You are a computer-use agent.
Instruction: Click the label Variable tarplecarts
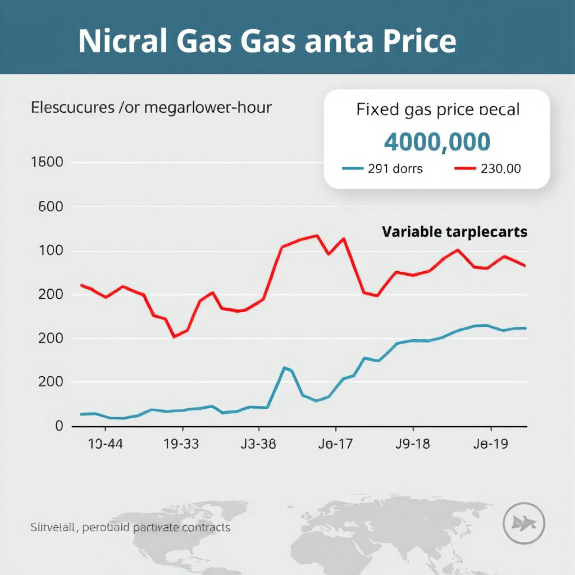pyautogui.click(x=454, y=231)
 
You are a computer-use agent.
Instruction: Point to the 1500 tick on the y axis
pyautogui.click(x=51, y=163)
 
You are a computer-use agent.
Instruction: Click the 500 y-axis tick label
pyautogui.click(x=51, y=207)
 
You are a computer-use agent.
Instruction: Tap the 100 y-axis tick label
pyautogui.click(x=51, y=250)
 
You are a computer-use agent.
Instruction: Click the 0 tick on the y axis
pyautogui.click(x=59, y=426)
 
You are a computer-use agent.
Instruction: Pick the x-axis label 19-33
pyautogui.click(x=181, y=444)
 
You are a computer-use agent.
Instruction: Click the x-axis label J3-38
pyautogui.click(x=258, y=444)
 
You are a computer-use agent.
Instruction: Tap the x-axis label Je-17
pyautogui.click(x=335, y=444)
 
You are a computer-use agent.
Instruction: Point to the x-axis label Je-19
pyautogui.click(x=490, y=444)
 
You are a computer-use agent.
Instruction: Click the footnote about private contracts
pyautogui.click(x=130, y=528)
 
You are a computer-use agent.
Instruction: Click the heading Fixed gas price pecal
pyautogui.click(x=438, y=109)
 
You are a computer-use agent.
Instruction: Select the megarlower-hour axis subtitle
pyautogui.click(x=151, y=107)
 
